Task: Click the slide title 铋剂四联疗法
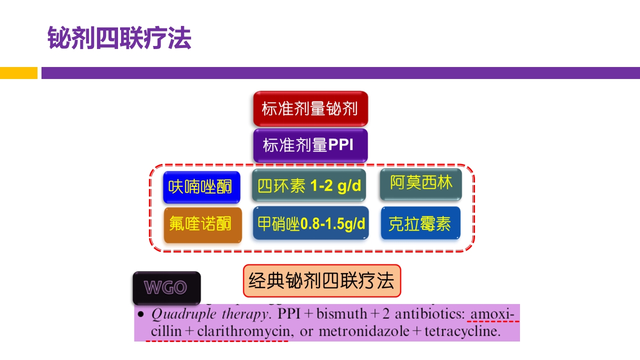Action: click(119, 38)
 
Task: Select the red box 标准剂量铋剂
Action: click(310, 108)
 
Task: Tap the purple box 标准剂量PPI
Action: click(310, 145)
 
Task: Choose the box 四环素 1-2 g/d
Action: click(309, 186)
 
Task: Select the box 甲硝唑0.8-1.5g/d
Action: click(310, 223)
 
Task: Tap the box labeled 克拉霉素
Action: click(420, 223)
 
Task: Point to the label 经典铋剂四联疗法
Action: click(321, 281)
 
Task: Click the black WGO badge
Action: click(166, 287)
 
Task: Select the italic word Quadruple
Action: click(175, 315)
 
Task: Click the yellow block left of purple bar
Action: click(18, 73)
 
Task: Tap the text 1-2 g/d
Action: click(335, 186)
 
